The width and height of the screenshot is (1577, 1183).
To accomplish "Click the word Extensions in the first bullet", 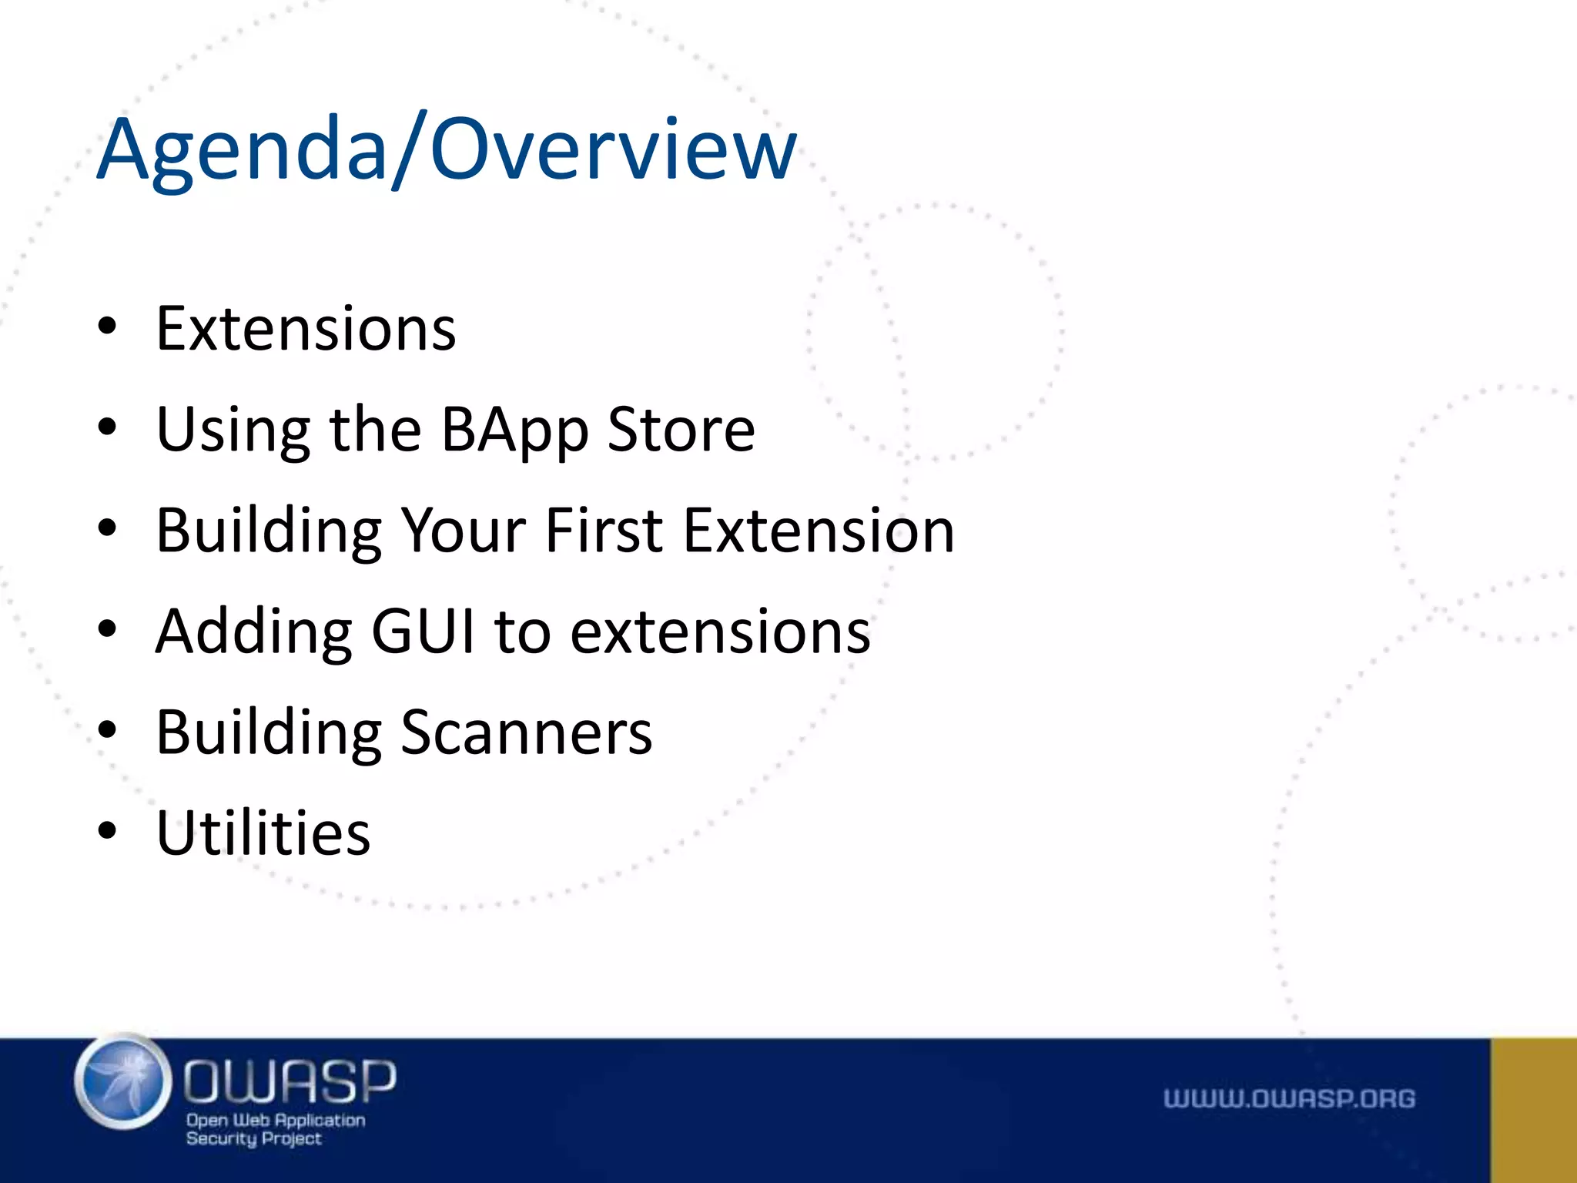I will pyautogui.click(x=306, y=329).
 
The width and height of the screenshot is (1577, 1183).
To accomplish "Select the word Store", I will pyautogui.click(x=681, y=429).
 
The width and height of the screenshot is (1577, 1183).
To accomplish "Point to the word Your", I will pyautogui.click(x=464, y=531).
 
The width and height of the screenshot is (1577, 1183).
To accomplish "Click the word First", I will pyautogui.click(x=604, y=531).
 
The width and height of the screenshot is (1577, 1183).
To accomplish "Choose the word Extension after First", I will pyautogui.click(x=819, y=531).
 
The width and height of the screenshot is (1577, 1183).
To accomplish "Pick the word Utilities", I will pyautogui.click(x=263, y=833).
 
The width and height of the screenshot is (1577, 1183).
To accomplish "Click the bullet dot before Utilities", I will pyautogui.click(x=107, y=832).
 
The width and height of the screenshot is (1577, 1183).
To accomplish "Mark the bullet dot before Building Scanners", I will pyautogui.click(x=107, y=730).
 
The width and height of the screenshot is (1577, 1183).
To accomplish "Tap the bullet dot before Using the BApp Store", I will pyautogui.click(x=107, y=427).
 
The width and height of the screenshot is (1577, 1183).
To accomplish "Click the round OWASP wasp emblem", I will pyautogui.click(x=123, y=1081).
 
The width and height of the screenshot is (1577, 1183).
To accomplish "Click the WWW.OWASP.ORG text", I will pyautogui.click(x=1289, y=1098).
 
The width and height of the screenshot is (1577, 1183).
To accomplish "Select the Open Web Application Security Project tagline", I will pyautogui.click(x=275, y=1130).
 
